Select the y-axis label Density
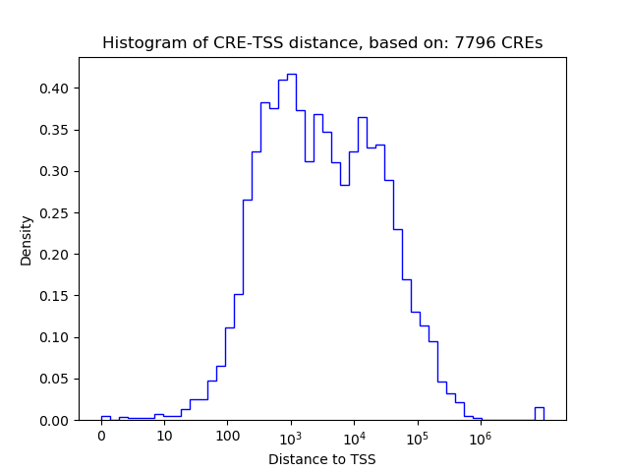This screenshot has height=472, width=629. click(x=27, y=240)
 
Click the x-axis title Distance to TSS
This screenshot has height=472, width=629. click(x=321, y=458)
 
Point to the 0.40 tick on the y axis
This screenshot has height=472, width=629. click(x=55, y=88)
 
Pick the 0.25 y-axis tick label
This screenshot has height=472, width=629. click(x=55, y=213)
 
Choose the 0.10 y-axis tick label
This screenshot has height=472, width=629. click(x=55, y=337)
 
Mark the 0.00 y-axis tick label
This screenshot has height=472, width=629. click(x=55, y=420)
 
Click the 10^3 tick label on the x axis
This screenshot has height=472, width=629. click(x=291, y=436)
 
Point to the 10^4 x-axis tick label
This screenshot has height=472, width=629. click(x=354, y=436)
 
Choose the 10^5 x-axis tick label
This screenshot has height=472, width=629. click(x=417, y=436)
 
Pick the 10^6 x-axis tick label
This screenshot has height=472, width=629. click(x=480, y=436)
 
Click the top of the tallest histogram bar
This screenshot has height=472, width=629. click(x=291, y=75)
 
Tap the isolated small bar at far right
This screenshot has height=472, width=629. click(x=539, y=413)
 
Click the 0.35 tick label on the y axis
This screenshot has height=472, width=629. click(x=55, y=130)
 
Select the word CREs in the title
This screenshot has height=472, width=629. click(x=523, y=43)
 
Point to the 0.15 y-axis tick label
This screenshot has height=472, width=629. click(x=55, y=296)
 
